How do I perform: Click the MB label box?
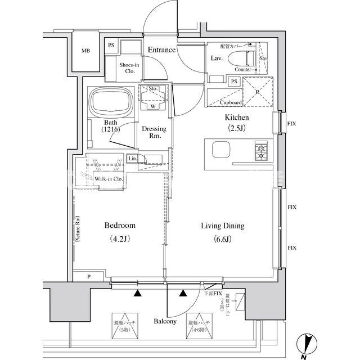tap(85, 51)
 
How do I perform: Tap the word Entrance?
tap(161, 50)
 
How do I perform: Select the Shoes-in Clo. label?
tap(129, 68)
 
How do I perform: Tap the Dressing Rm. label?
tap(153, 132)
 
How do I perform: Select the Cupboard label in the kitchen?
tap(230, 102)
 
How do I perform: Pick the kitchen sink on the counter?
tap(221, 151)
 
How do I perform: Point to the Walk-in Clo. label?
tap(108, 179)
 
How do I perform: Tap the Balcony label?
tap(165, 322)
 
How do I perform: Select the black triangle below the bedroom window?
tap(137, 293)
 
